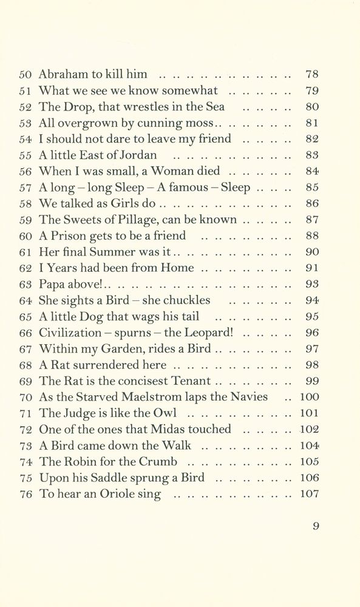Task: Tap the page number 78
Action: coord(312,75)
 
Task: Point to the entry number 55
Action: coord(25,155)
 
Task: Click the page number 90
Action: coord(312,252)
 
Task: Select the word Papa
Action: coord(53,284)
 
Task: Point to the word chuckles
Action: coord(184,300)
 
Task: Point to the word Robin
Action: coord(78,461)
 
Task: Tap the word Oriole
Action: coord(118,493)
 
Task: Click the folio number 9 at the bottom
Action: coord(316,526)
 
